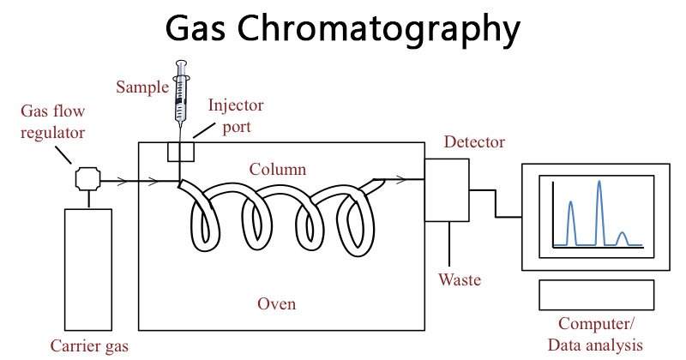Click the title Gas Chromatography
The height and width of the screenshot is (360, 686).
tap(342, 28)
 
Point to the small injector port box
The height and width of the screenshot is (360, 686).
tap(181, 151)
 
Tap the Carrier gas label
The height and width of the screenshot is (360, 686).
tap(88, 346)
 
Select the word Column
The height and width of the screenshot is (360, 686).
tap(278, 169)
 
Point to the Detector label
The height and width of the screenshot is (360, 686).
tap(474, 142)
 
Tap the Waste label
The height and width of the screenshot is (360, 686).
tap(460, 280)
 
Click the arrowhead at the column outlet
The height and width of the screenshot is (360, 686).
tap(400, 180)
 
